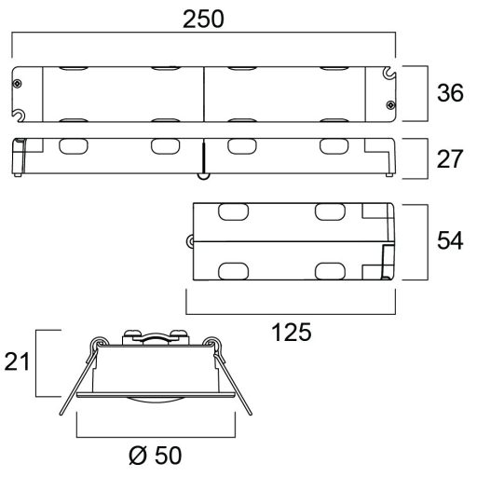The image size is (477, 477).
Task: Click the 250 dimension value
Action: tap(203, 20)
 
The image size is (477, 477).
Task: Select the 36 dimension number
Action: tap(450, 93)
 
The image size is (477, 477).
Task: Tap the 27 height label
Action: tap(450, 159)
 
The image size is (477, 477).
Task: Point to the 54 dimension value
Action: tap(450, 240)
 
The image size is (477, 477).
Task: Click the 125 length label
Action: tap(292, 333)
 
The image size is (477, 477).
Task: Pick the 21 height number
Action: tap(17, 361)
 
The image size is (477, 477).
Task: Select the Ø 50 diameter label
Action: tap(155, 456)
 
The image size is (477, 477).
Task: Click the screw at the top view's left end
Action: tap(18, 84)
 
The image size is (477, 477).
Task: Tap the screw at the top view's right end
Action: tap(390, 105)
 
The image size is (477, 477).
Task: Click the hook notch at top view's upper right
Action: tap(388, 73)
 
